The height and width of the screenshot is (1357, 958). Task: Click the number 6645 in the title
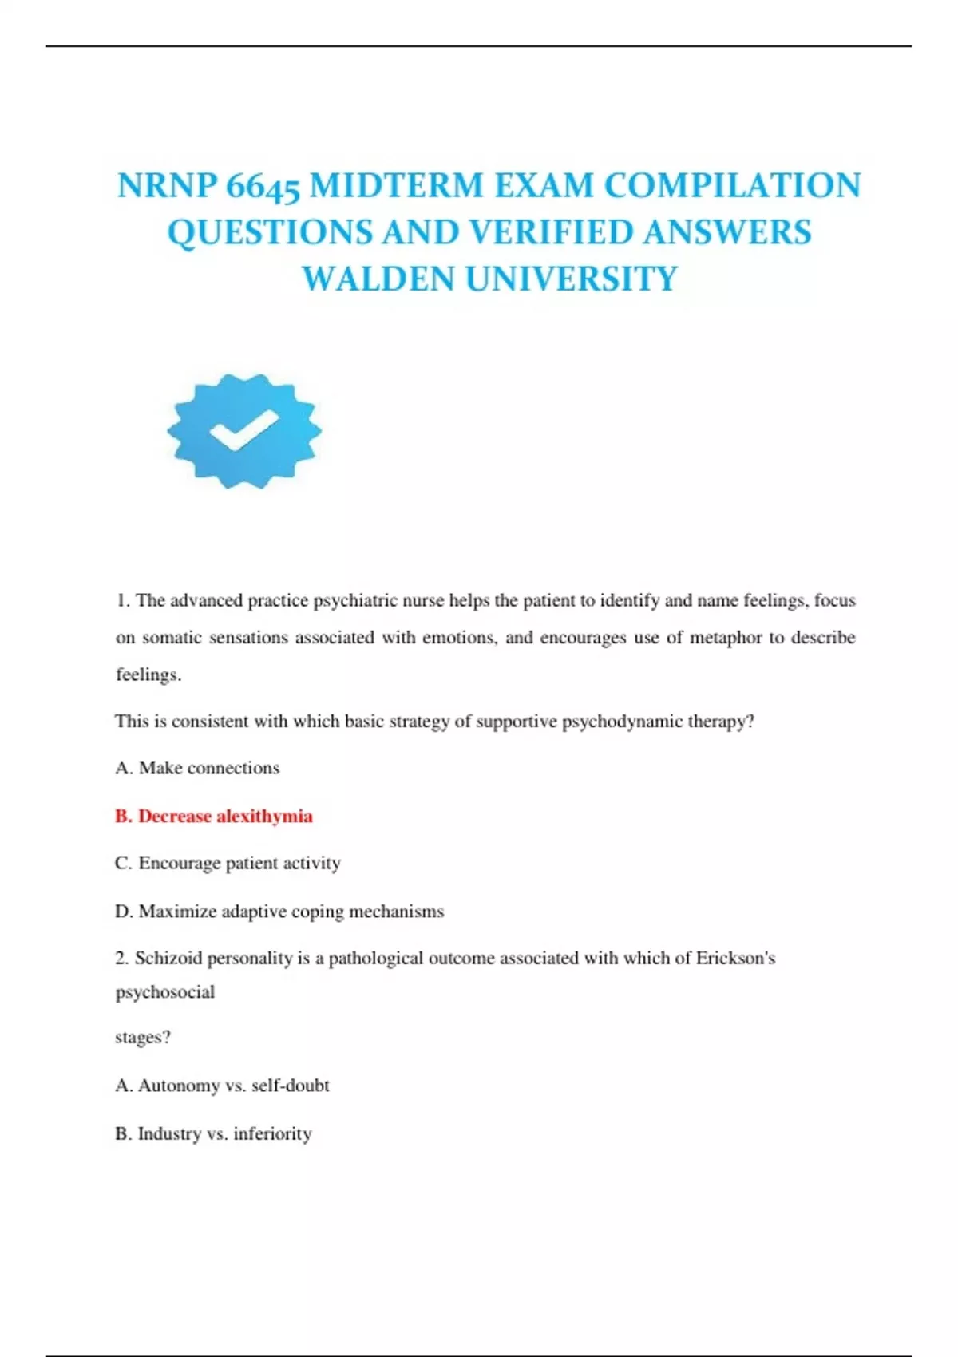click(263, 186)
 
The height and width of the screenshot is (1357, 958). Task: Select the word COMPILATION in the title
click(732, 186)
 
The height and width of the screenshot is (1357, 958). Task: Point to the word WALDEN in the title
click(378, 279)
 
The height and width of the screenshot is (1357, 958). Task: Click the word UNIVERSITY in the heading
click(571, 279)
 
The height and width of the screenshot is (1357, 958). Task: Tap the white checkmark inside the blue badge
click(243, 429)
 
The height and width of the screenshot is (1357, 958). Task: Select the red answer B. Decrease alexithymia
click(214, 816)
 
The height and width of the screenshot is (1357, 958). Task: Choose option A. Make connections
click(197, 768)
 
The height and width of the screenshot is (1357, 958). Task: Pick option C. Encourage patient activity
click(228, 863)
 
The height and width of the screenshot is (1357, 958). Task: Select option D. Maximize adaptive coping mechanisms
click(279, 911)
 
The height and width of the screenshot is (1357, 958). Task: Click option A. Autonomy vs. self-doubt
click(222, 1086)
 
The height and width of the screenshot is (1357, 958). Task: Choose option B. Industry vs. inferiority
click(213, 1133)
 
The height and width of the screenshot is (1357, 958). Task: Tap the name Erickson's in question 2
click(735, 958)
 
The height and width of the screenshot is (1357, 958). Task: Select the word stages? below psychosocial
click(143, 1038)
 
